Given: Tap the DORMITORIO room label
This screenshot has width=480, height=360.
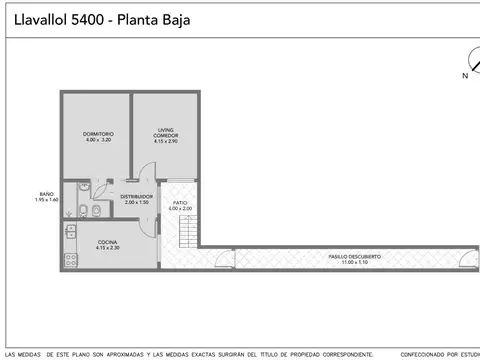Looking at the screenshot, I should click(x=98, y=134).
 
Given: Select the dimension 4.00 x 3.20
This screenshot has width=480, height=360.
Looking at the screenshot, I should click(x=98, y=141).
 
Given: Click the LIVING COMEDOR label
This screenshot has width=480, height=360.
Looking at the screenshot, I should click(x=166, y=132).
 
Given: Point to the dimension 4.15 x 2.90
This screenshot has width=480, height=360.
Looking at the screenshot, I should click(x=166, y=142).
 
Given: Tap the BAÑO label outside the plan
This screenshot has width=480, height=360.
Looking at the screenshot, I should click(x=46, y=193).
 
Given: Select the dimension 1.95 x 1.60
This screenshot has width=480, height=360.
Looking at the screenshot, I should click(x=46, y=200).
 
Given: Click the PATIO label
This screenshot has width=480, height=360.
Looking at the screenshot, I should click(x=180, y=202).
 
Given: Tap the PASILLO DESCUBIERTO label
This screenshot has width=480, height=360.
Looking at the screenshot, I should click(x=354, y=256).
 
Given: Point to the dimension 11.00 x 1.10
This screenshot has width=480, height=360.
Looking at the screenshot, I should click(x=354, y=262).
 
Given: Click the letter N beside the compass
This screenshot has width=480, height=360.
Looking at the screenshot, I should click(x=464, y=75).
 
